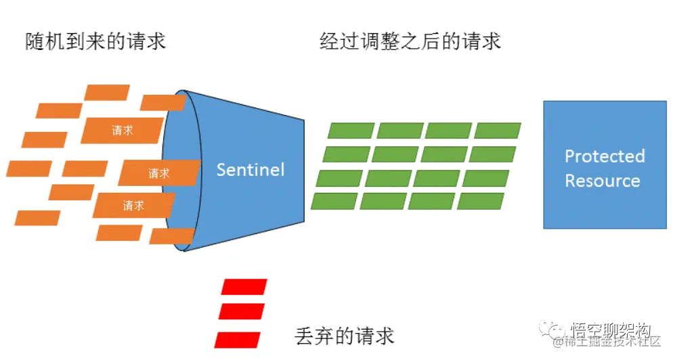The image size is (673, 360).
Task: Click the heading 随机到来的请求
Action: tap(95, 42)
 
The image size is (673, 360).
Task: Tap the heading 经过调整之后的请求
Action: tap(410, 42)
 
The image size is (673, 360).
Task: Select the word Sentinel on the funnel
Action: tap(250, 169)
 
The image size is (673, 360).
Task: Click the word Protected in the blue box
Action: tap(605, 156)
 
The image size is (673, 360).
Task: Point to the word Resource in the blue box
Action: tap(602, 181)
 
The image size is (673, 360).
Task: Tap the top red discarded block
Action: tap(244, 287)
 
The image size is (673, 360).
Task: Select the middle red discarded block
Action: tap(241, 311)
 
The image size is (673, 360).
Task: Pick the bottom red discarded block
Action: tap(237, 339)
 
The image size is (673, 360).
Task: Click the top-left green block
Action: tap(351, 131)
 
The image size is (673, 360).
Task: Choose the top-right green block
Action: tap(498, 131)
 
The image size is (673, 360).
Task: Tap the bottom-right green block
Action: tap(481, 201)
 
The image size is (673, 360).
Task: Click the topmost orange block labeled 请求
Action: tap(123, 131)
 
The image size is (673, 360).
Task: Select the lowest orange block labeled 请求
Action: tap(133, 205)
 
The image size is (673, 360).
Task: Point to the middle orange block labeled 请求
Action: tap(159, 173)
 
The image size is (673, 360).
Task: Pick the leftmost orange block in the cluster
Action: tap(29, 168)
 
